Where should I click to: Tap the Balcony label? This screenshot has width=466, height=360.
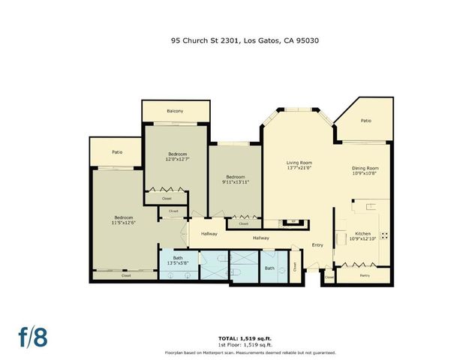tap(174, 112)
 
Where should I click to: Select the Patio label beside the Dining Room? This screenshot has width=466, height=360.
tap(365, 121)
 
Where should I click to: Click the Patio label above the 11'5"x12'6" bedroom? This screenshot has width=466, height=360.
tap(117, 152)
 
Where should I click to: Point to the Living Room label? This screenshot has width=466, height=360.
tap(299, 163)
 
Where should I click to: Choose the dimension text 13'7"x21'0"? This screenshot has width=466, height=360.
tap(299, 169)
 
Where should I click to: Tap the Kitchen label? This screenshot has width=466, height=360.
tap(362, 234)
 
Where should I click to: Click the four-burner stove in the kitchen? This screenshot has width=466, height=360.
tap(385, 235)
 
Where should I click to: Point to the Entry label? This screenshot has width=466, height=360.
tap(317, 244)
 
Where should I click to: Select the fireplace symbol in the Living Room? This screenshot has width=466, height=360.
tap(290, 222)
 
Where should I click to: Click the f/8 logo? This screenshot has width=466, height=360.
tap(32, 337)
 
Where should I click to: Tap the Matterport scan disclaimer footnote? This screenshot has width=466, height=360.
tap(250, 352)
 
